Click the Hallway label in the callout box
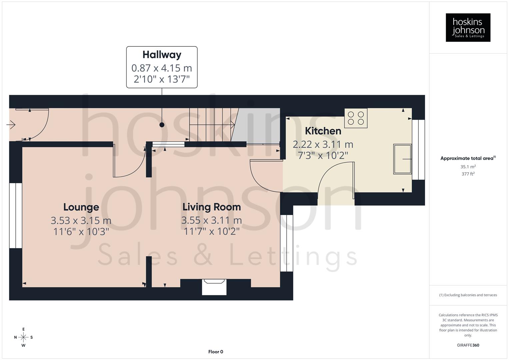pos(162,55)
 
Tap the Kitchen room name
pos(323,131)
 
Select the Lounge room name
pos(81,207)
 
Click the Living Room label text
pos(211,207)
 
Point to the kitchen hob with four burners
pos(356,118)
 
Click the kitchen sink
pos(402,159)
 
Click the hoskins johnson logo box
pos(468,28)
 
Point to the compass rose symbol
pos(23,337)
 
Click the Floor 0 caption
pos(215,352)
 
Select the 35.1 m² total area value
pos(468,167)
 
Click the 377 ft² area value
pos(468,174)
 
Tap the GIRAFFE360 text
pos(468,345)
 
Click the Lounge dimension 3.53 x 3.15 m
pos(81,220)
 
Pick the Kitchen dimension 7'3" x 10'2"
pos(323,155)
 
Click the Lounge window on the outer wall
pos(15,216)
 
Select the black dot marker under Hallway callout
pos(162,125)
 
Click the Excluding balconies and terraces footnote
pos(468,295)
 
